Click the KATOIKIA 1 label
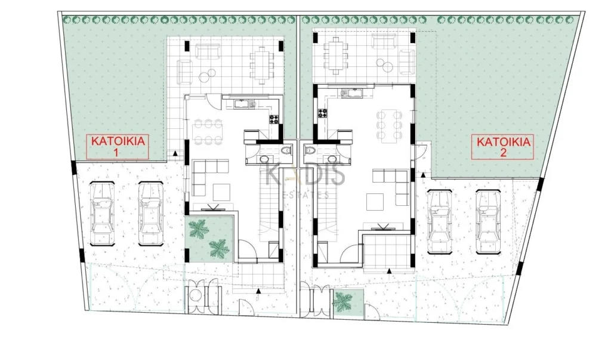coord(118,146)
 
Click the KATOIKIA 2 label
coord(503,147)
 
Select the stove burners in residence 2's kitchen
coord(323,113)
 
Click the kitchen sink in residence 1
coord(245,104)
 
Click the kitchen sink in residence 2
coord(352,92)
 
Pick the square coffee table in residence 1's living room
coord(221,192)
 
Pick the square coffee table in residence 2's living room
coord(375,201)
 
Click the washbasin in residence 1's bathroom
coord(264,159)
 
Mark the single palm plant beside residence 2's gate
coord(342,302)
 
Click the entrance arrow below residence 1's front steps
coord(258,291)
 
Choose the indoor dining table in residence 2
coord(388,125)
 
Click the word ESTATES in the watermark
coord(305,195)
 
